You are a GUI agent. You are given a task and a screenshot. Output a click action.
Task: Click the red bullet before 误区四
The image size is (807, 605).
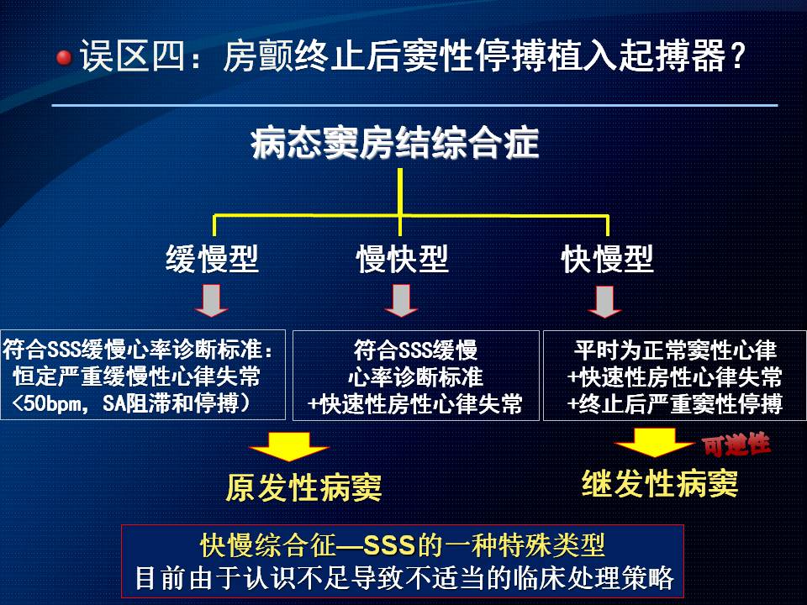[65, 58]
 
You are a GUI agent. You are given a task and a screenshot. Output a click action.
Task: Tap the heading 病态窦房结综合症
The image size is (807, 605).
[395, 143]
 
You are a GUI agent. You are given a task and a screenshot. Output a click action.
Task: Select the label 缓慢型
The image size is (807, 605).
[212, 259]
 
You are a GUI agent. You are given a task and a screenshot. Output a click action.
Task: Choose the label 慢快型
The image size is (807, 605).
[402, 259]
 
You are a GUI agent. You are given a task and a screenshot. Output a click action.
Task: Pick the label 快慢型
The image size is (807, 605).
[607, 259]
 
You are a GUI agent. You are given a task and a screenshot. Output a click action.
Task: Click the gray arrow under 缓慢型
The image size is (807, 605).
[212, 301]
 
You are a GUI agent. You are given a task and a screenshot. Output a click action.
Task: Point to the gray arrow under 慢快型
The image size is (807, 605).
[401, 301]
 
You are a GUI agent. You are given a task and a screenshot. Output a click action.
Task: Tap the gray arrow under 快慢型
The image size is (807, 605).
[604, 302]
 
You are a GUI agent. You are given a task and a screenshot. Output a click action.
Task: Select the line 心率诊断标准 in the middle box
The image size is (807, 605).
[415, 377]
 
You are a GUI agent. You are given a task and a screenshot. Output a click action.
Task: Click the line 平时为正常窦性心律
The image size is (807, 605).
[675, 350]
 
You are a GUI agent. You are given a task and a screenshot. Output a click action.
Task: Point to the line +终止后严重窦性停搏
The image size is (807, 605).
[675, 404]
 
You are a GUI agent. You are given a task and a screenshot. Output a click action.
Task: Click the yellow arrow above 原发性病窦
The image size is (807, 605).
[288, 446]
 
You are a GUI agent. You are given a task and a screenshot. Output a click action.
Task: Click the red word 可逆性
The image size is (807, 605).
[736, 445]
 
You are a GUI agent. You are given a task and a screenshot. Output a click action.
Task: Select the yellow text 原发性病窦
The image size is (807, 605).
[303, 487]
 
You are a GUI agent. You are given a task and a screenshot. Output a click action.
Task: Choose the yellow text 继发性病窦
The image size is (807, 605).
[660, 484]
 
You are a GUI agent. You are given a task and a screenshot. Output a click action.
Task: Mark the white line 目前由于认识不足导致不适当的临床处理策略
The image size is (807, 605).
[404, 578]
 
